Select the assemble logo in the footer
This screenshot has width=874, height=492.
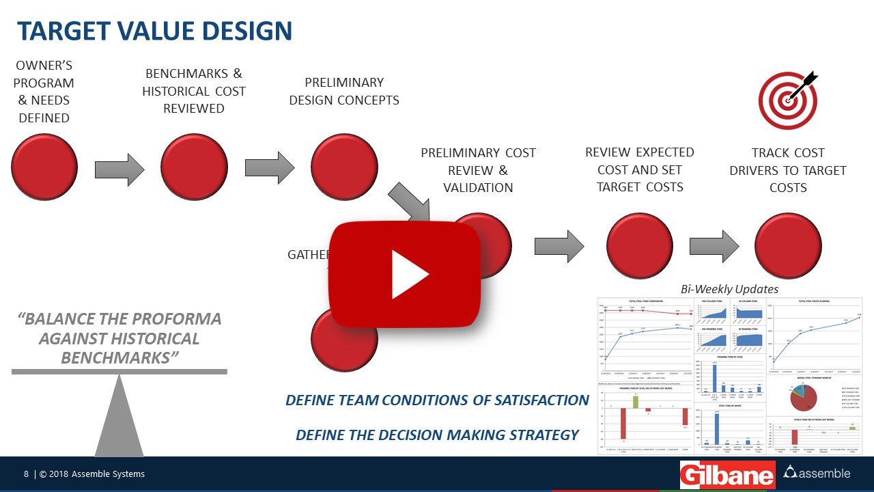pyautogui.click(x=817, y=473)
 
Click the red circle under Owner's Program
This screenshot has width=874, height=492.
pyautogui.click(x=44, y=167)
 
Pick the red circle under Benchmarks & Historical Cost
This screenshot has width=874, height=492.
pyautogui.click(x=194, y=167)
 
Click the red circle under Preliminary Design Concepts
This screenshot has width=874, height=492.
pyautogui.click(x=344, y=167)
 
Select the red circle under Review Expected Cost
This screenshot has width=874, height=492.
pyautogui.click(x=640, y=246)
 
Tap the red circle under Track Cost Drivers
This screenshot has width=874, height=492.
pyautogui.click(x=788, y=246)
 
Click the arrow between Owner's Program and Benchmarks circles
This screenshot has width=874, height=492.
pyautogui.click(x=119, y=169)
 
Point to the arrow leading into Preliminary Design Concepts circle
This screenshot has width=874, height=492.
pyautogui.click(x=270, y=168)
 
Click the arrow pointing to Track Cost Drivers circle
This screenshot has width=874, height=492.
pyautogui.click(x=714, y=246)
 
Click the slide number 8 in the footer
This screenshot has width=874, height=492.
pyautogui.click(x=26, y=474)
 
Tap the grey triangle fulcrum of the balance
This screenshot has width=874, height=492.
pyautogui.click(x=119, y=417)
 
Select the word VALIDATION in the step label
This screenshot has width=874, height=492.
pyautogui.click(x=478, y=188)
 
